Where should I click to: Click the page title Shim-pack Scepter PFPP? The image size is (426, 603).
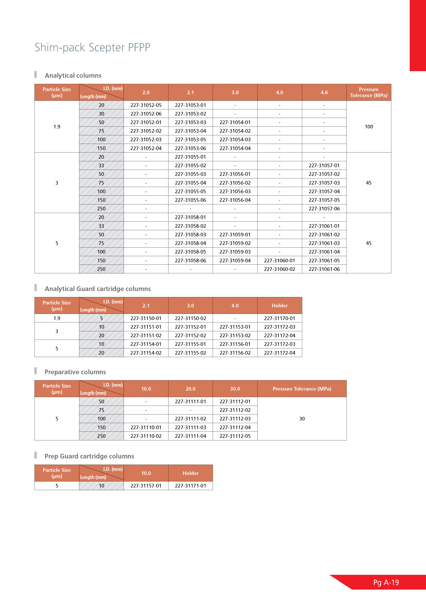(92, 48)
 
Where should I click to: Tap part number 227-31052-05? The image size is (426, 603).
(146, 105)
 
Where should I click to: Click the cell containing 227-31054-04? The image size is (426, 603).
(235, 148)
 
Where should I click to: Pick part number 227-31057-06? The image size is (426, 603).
(324, 209)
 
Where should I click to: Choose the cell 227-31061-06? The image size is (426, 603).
(324, 269)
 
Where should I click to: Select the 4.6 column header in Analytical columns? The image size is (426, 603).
(324, 92)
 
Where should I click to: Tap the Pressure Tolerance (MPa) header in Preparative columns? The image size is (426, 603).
(302, 389)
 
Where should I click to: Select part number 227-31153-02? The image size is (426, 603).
(235, 335)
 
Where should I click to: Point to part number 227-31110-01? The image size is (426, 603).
(146, 427)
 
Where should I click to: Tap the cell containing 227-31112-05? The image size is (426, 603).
(235, 436)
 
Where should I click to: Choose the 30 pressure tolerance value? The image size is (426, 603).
(302, 419)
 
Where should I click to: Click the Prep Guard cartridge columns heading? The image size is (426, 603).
(89, 456)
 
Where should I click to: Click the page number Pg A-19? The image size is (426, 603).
(386, 583)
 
